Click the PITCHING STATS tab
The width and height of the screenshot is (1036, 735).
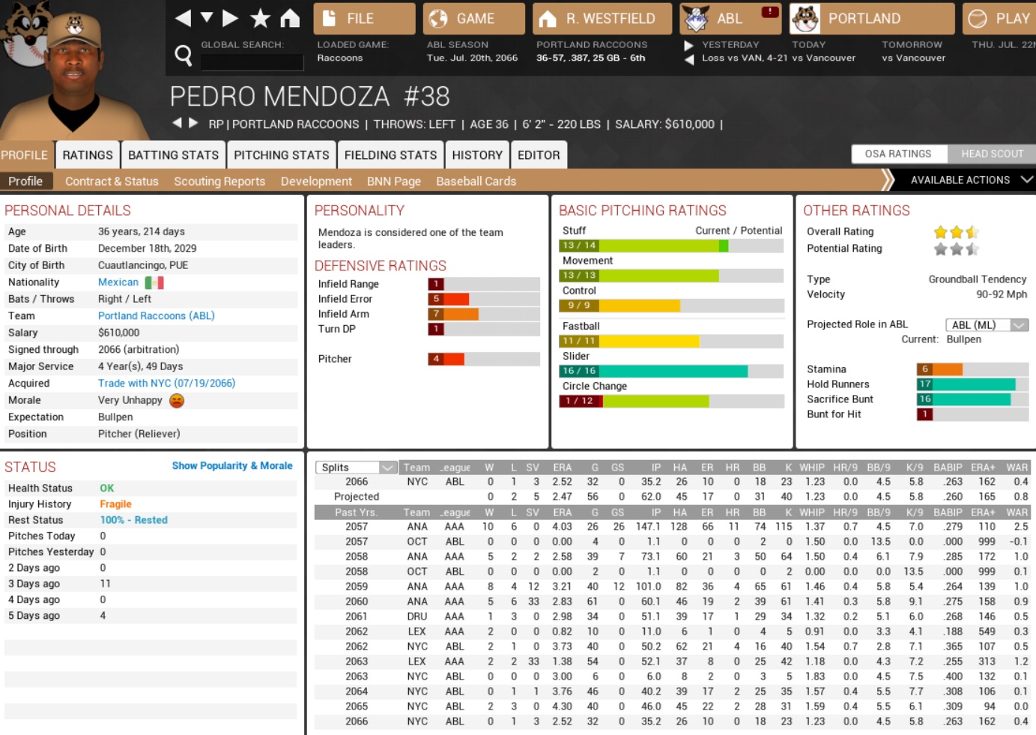pos(281,155)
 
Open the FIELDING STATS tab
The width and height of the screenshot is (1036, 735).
pos(390,155)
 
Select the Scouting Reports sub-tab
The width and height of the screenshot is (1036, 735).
pos(219,181)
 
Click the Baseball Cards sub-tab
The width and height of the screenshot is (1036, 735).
pos(476,181)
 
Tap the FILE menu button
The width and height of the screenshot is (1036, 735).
pos(363,19)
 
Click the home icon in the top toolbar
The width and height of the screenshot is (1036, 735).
pos(290,18)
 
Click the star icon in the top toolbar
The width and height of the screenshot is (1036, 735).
pos(260,18)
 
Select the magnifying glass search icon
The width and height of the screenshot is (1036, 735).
pos(183,55)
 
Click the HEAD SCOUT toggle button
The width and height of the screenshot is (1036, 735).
pos(992,154)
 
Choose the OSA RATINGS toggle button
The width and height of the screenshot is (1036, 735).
pos(897,154)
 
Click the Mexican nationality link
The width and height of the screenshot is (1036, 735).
pos(118,282)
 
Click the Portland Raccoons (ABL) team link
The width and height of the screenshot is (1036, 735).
pos(156,316)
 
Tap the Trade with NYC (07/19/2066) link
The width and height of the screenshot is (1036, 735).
pos(166,384)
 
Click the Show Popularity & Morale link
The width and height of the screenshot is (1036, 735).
pos(232,466)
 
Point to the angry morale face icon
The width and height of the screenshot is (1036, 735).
pos(177,401)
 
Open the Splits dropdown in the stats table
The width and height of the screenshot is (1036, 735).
pos(356,468)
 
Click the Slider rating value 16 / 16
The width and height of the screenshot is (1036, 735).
pos(579,371)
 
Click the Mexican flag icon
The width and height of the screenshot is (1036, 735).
pos(154,282)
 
